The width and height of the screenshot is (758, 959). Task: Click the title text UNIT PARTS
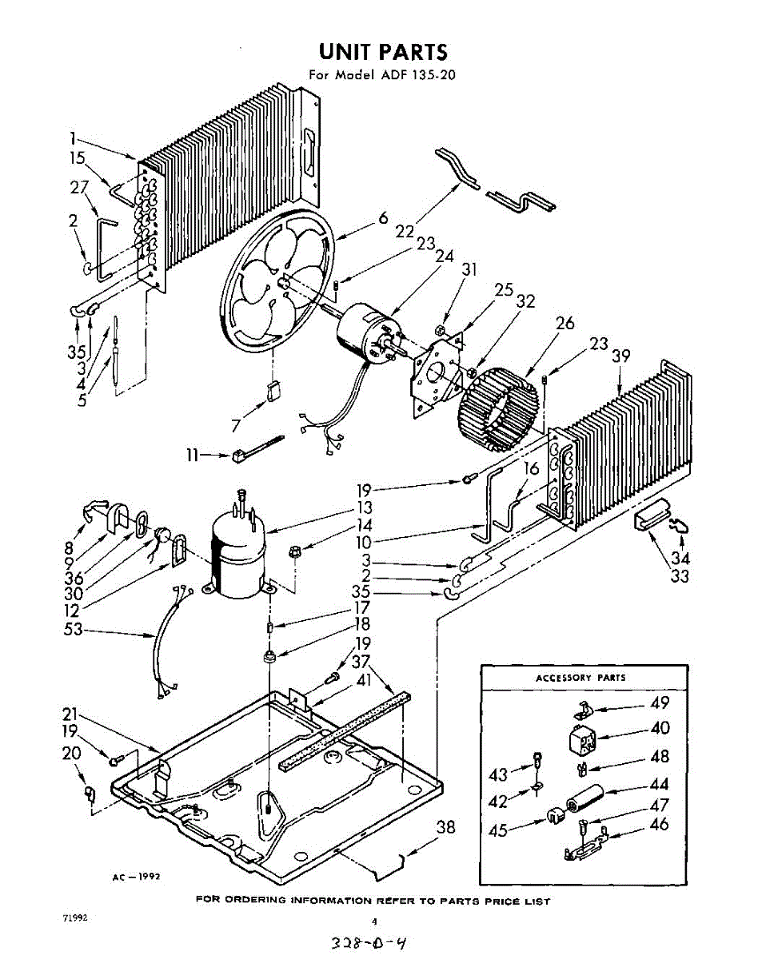pyautogui.click(x=382, y=53)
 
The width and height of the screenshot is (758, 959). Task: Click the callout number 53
pyautogui.click(x=74, y=630)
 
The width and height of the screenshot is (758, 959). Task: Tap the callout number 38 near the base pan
pyautogui.click(x=445, y=827)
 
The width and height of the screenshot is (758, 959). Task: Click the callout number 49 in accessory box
pyautogui.click(x=660, y=703)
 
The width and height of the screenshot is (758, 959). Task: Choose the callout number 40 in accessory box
pyautogui.click(x=660, y=728)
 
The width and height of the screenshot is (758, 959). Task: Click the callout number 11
pyautogui.click(x=192, y=456)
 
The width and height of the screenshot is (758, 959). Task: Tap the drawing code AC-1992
pyautogui.click(x=136, y=877)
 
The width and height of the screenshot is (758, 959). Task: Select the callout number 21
pyautogui.click(x=72, y=714)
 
